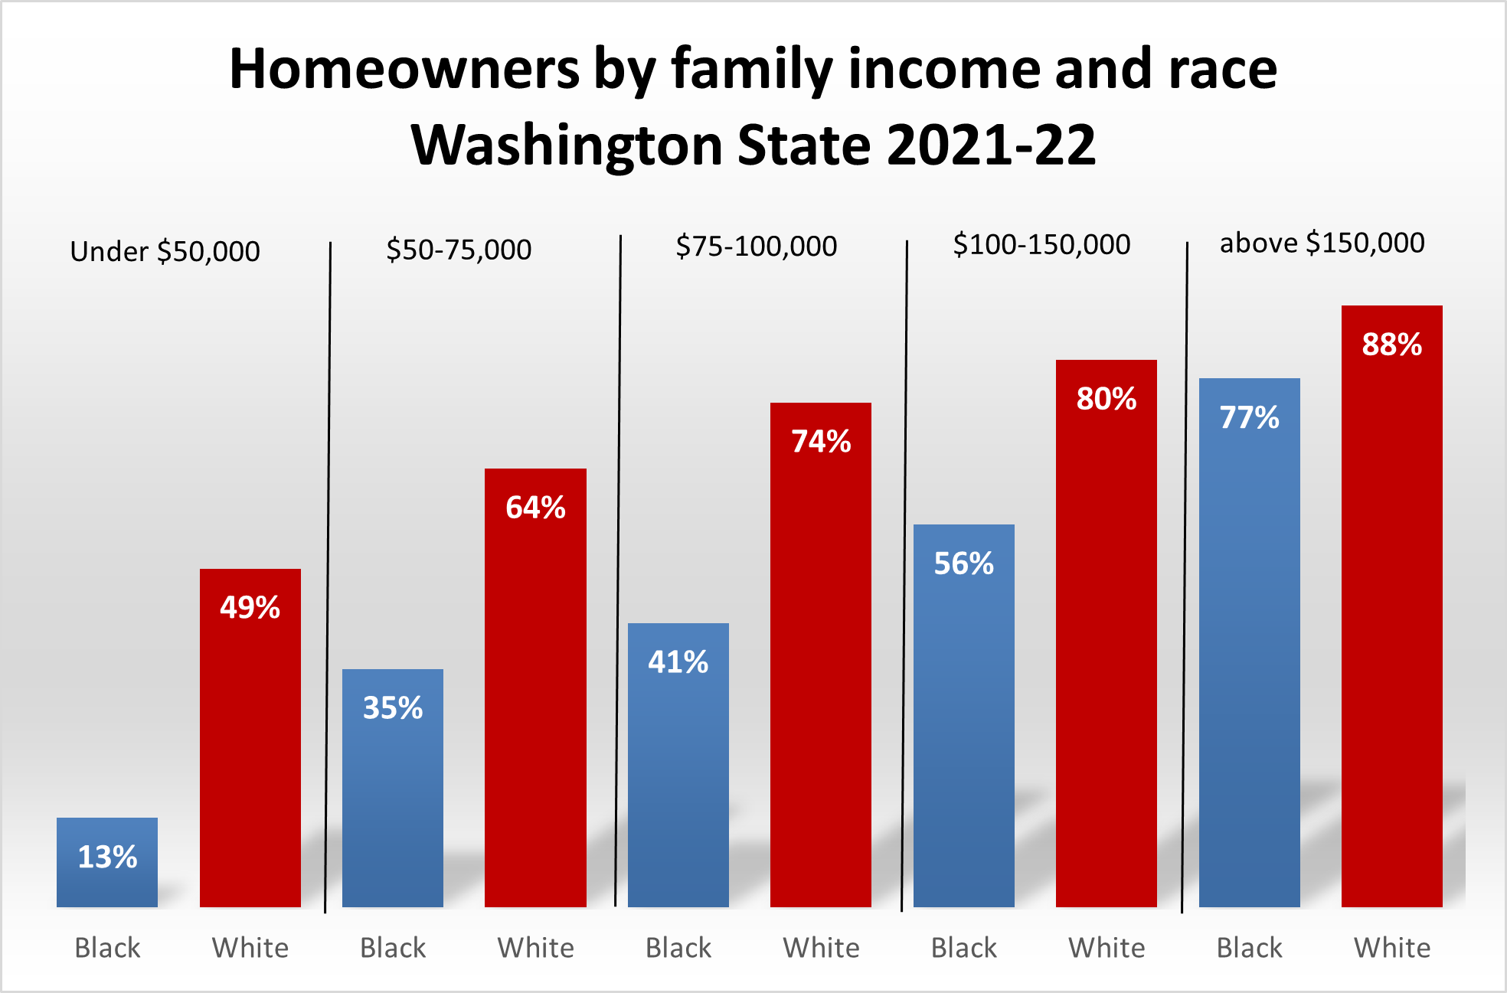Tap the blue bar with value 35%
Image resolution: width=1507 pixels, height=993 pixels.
393,788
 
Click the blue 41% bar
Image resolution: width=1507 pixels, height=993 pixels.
678,765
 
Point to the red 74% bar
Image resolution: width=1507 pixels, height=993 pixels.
821,655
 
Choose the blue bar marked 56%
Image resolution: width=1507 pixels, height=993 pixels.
964,715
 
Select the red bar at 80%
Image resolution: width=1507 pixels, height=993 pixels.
1107,633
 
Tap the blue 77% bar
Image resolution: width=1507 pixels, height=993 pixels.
1250,642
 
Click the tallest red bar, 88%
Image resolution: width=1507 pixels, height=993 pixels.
1392,606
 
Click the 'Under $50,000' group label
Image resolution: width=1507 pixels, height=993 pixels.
165,252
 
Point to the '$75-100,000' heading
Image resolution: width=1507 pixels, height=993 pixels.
757,247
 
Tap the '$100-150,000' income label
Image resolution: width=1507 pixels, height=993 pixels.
1041,245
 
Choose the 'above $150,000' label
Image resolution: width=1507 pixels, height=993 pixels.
1322,243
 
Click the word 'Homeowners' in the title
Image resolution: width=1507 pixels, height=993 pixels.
404,70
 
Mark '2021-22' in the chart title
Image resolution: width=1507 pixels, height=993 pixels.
991,145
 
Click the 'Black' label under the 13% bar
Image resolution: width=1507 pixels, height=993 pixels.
107,949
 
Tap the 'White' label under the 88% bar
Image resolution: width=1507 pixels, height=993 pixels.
1392,949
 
